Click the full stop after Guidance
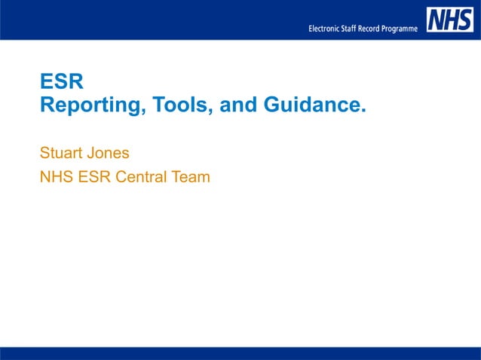[363, 110]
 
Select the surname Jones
[107, 153]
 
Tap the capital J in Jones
[90, 153]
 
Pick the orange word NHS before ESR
[55, 178]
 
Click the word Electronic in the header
[327, 29]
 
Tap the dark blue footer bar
[240, 353]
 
